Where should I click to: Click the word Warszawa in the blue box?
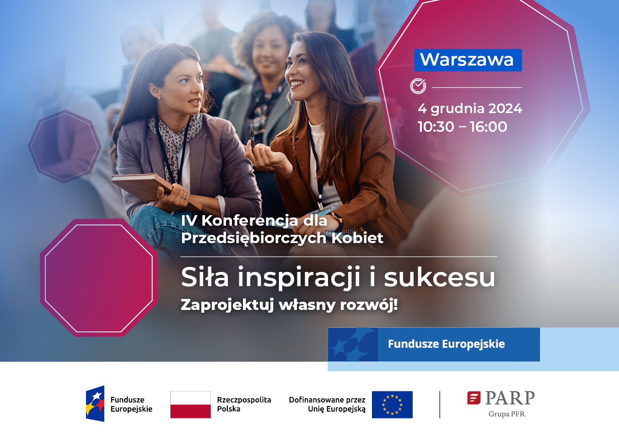[467, 60]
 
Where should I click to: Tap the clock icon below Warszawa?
[418, 86]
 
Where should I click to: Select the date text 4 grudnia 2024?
[469, 109]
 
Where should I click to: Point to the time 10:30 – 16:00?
[462, 127]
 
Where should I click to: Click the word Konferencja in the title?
[249, 221]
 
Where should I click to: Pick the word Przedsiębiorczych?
[253, 238]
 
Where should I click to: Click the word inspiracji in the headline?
[299, 277]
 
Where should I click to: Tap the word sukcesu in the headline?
[439, 277]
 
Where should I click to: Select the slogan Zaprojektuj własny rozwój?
[289, 304]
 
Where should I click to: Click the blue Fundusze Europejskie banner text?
[446, 344]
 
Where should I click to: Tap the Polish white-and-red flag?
[190, 404]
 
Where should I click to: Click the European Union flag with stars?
[392, 405]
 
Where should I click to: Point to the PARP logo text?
[509, 398]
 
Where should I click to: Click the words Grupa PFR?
[506, 414]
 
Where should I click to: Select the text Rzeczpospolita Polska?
[244, 404]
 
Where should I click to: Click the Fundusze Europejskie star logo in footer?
[95, 404]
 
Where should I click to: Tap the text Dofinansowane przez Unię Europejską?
[327, 404]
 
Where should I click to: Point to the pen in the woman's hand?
[252, 136]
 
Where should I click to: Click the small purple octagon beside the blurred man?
[65, 147]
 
